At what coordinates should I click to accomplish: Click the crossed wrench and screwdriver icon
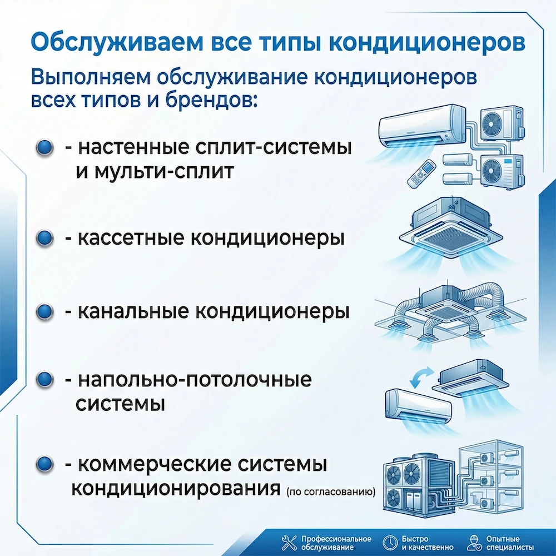pos(289,543)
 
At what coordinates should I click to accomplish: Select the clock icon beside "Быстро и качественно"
pos(389,543)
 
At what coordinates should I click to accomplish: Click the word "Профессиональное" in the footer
pos(336,539)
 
